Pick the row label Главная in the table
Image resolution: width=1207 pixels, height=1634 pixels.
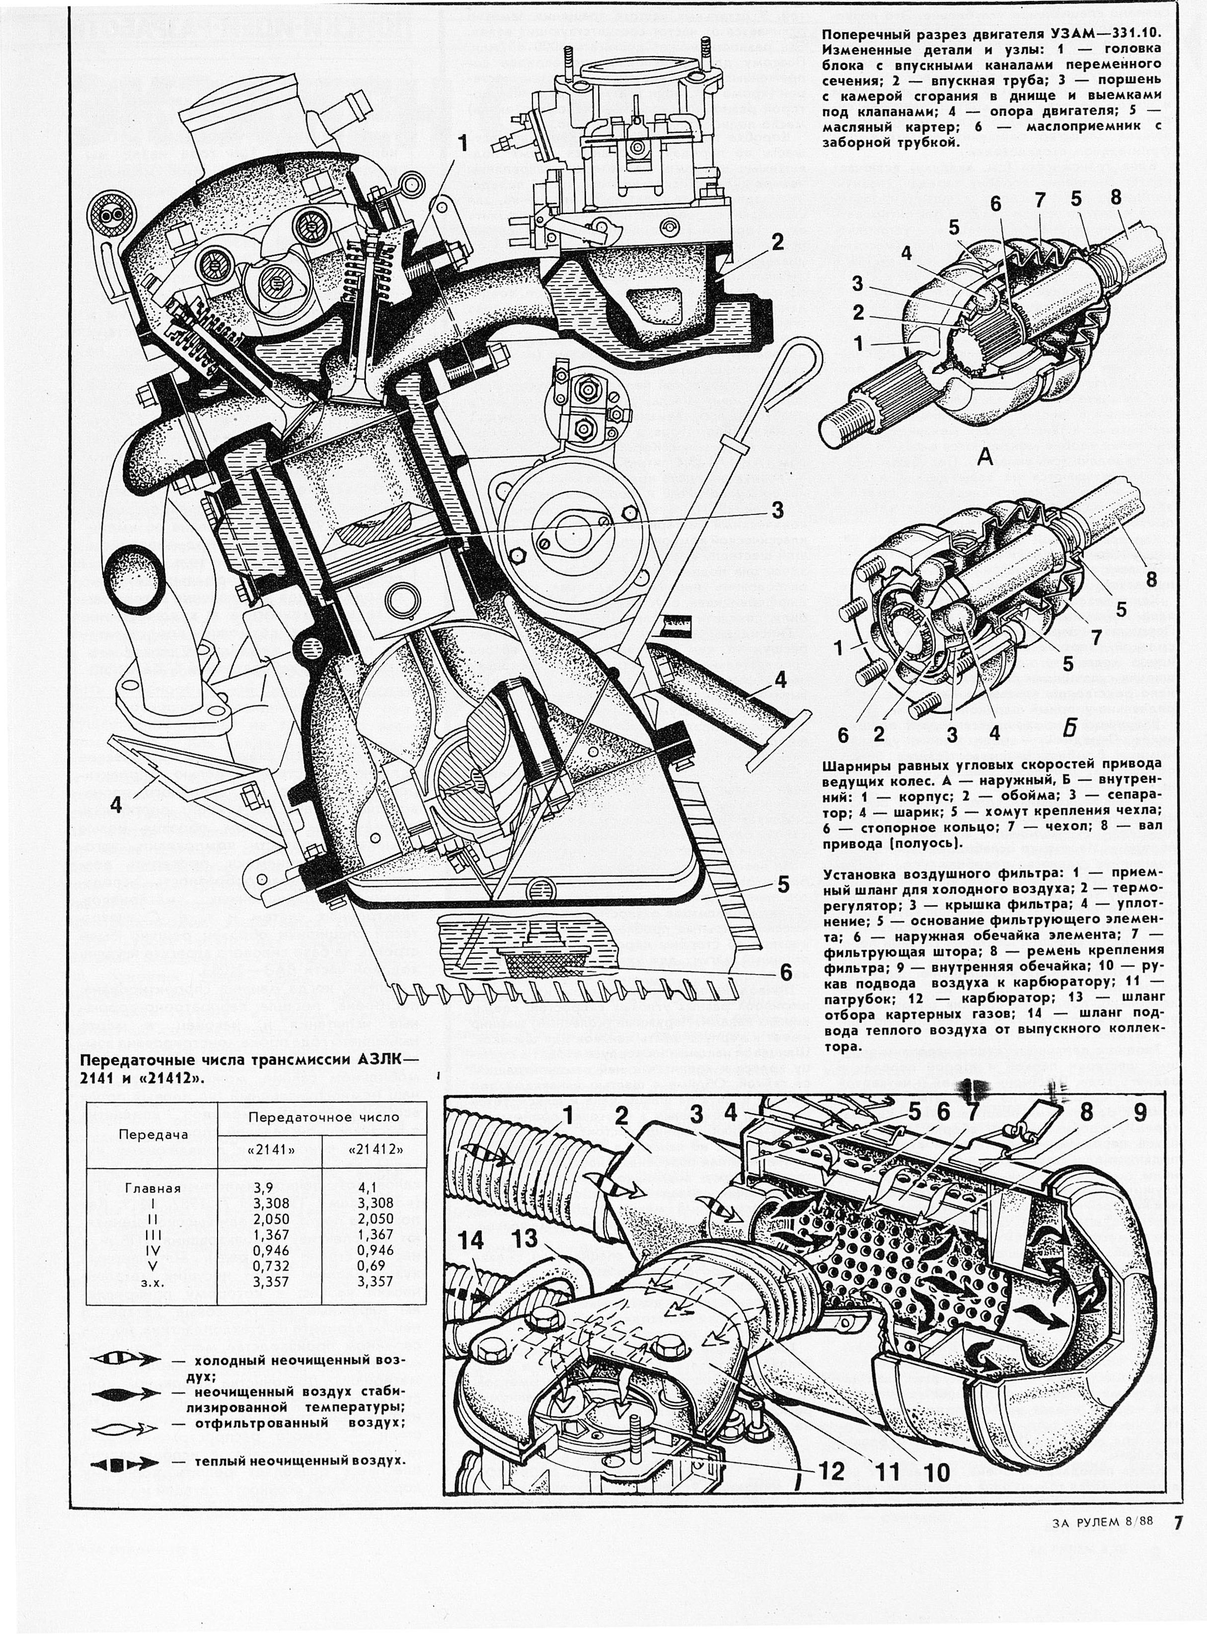point(152,1188)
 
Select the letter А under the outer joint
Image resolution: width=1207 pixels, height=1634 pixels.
point(985,458)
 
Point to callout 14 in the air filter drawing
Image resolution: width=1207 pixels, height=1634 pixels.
point(472,1240)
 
